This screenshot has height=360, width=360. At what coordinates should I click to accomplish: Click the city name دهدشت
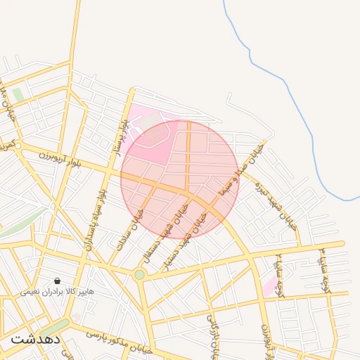pyautogui.click(x=35, y=339)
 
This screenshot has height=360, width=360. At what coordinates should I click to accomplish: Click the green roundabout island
pyautogui.click(x=140, y=274)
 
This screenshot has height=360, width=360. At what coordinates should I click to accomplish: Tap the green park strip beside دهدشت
pyautogui.click(x=53, y=328)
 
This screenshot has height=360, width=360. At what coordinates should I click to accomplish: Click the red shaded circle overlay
pyautogui.click(x=179, y=179)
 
